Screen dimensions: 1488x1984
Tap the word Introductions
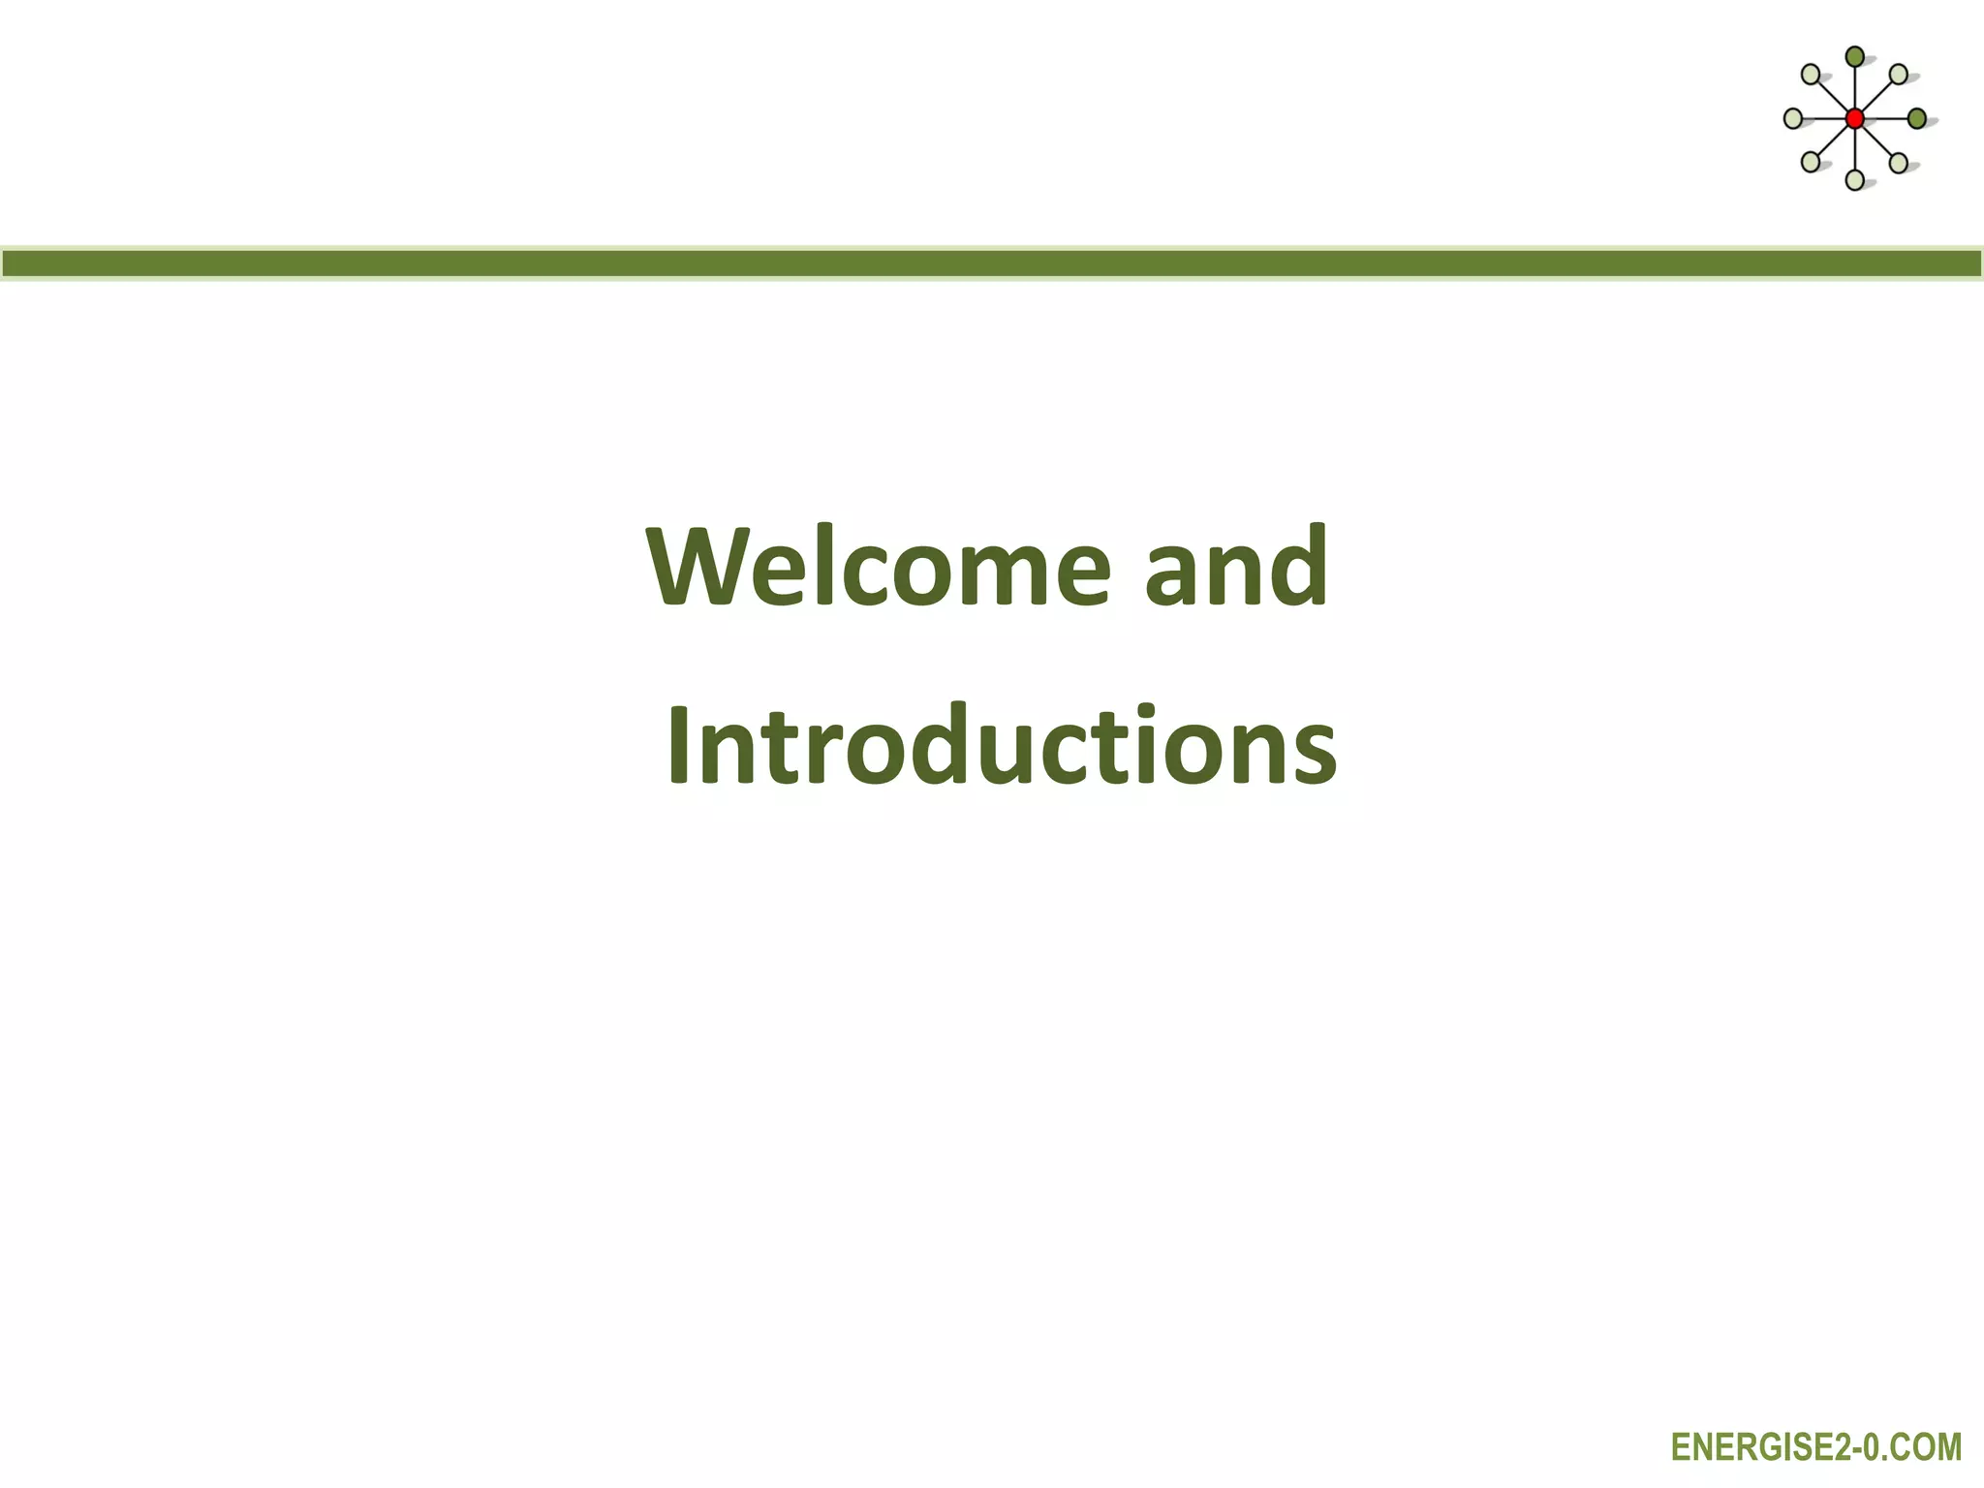[1002, 746]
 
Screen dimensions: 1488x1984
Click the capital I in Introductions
[680, 746]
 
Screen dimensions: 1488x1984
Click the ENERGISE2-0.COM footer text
[1816, 1447]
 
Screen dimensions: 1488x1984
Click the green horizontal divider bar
[992, 263]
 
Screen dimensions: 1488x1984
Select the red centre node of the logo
[1854, 119]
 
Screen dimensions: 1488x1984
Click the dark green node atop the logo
[1854, 57]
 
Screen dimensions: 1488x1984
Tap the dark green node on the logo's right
[1916, 119]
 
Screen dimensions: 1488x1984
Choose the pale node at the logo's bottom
[1854, 179]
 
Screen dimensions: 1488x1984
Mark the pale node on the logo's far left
[1793, 119]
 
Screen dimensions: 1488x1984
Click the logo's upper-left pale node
[1811, 75]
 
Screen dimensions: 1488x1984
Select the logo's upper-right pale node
[1899, 75]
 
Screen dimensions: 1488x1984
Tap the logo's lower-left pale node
[1811, 162]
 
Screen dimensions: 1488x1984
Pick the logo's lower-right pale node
[1899, 162]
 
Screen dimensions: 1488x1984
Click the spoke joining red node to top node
[1854, 88]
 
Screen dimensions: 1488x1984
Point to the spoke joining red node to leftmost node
[1823, 119]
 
